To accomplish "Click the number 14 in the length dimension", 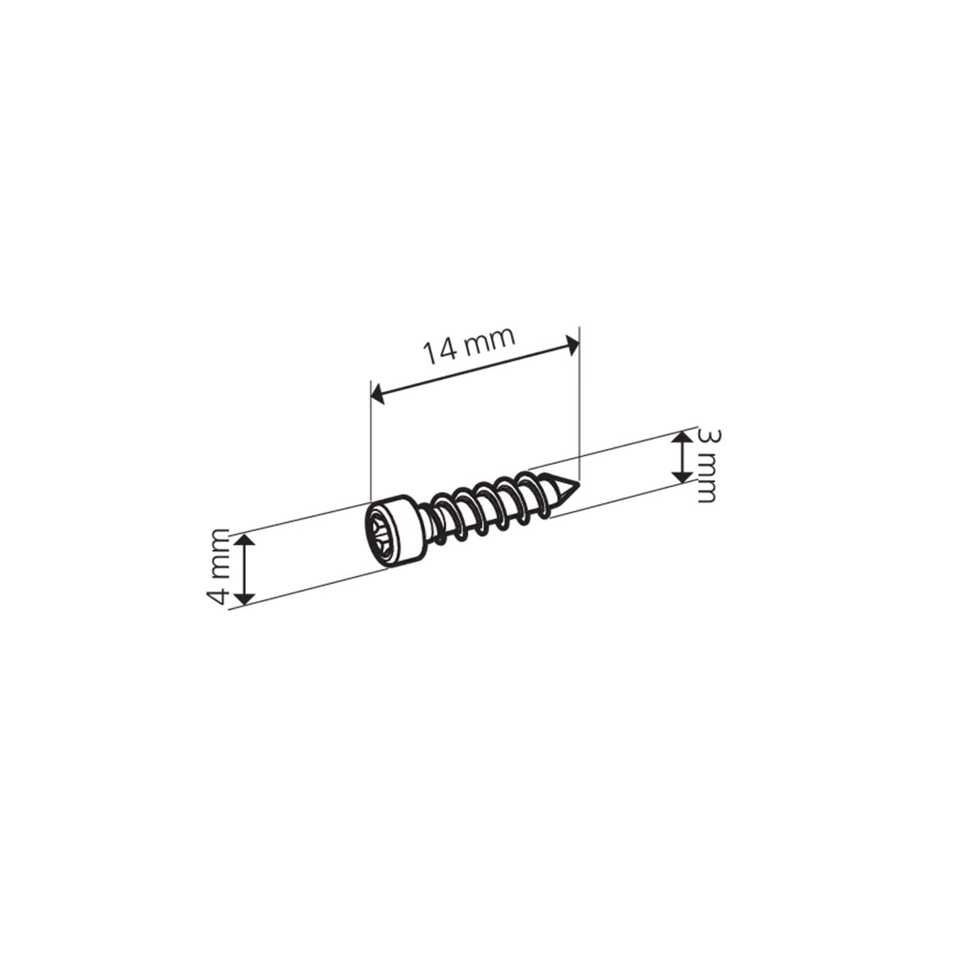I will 440,350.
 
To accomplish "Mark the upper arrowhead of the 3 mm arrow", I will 681,438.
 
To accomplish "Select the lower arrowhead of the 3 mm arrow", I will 681,476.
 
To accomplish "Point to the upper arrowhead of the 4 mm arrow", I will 246,541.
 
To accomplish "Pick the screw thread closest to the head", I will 439,522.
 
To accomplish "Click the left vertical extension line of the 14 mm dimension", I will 371,446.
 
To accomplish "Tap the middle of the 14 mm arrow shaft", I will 475,369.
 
